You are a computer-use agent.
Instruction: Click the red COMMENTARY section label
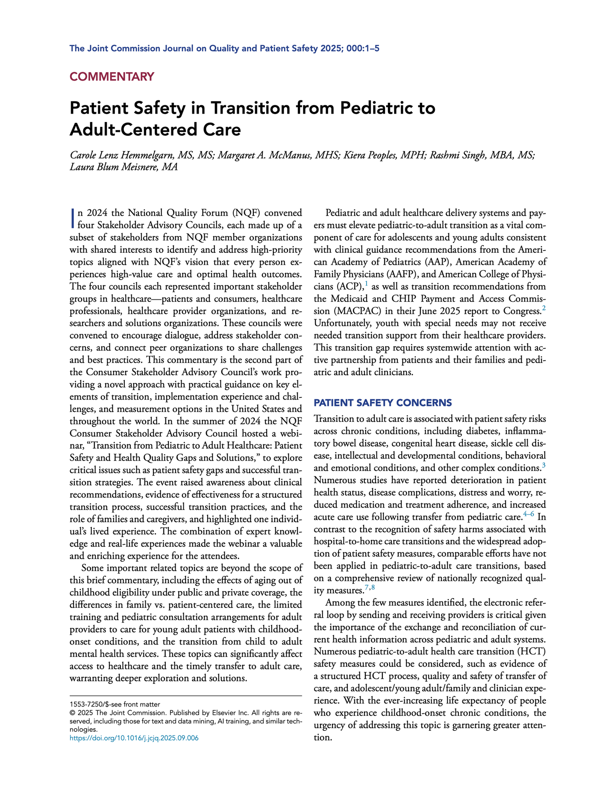[112, 77]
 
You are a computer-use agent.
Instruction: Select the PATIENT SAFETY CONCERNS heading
[383, 403]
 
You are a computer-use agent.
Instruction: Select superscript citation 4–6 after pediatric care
[529, 515]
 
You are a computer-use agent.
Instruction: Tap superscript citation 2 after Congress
[543, 308]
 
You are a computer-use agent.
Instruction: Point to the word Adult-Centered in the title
[127, 129]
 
